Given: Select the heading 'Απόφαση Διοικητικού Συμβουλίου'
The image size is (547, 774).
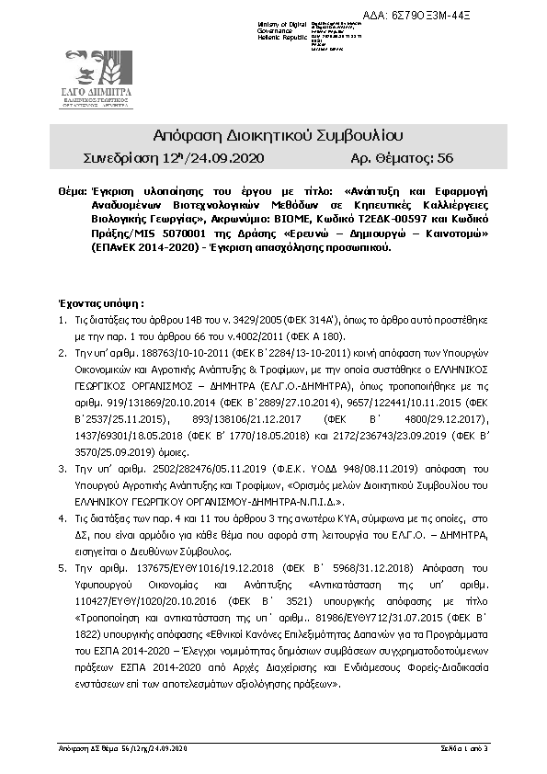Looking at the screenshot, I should point(273,135).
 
